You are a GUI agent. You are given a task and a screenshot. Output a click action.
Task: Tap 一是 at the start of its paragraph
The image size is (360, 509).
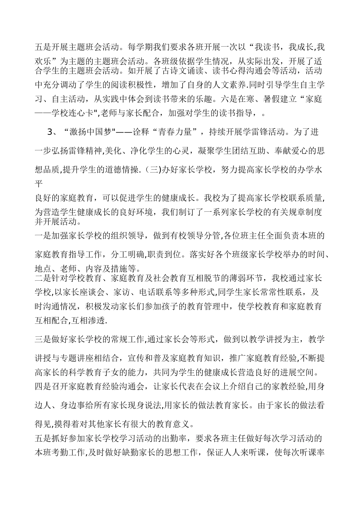[43, 236]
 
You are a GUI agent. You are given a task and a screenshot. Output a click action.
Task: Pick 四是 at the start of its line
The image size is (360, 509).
[43, 386]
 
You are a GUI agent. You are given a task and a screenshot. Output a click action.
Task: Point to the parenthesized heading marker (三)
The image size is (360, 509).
[153, 169]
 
